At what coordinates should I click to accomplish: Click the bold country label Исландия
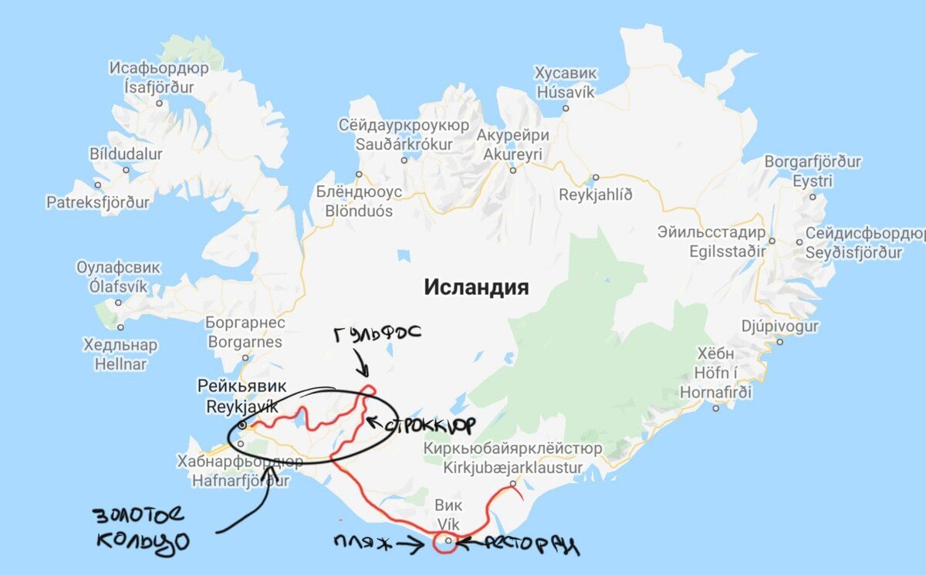pos(476,288)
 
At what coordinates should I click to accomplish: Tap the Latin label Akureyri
pos(512,154)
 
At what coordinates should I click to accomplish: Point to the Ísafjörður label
pos(159,87)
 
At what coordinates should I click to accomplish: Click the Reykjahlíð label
pos(595,194)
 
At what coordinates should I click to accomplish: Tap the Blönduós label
pos(359,211)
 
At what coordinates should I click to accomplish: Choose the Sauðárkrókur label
pos(404,144)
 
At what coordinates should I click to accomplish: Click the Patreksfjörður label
pos(98,202)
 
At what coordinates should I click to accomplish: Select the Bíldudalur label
pos(126,154)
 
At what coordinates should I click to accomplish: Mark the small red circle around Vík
pos(446,543)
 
